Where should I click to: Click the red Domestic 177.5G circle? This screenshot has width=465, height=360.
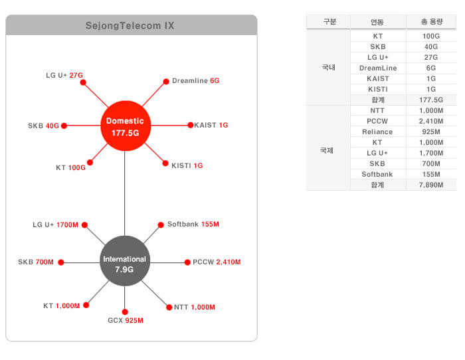[x=125, y=126]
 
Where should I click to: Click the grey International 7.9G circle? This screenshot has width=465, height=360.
[x=125, y=263]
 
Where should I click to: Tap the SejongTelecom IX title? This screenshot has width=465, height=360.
[x=130, y=26]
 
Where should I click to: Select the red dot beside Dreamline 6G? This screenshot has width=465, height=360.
[x=166, y=81]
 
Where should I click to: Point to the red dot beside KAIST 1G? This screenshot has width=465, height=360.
[x=189, y=125]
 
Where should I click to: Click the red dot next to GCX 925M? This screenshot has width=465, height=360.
[x=125, y=312]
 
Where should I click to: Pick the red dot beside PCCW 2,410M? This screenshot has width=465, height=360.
[x=187, y=262]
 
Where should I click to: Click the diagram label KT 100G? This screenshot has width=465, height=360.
[x=70, y=168]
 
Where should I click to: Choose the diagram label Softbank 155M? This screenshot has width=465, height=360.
[x=193, y=225]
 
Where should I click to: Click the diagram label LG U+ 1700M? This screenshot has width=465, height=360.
[x=56, y=225]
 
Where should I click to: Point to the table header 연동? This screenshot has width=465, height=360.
[x=377, y=22]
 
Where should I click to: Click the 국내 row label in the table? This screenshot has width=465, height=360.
[x=329, y=68]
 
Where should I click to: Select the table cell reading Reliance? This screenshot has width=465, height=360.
[x=377, y=132]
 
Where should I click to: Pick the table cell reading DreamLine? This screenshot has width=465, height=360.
[x=377, y=68]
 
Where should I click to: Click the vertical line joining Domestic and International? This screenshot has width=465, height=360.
[x=125, y=193]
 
